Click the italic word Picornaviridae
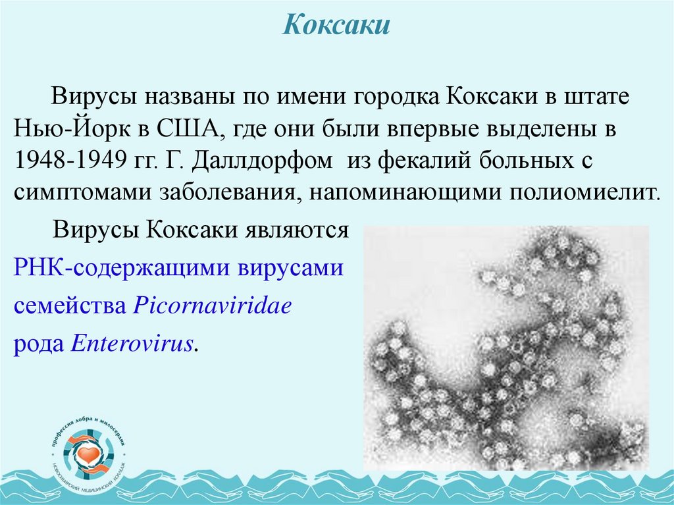212,306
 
